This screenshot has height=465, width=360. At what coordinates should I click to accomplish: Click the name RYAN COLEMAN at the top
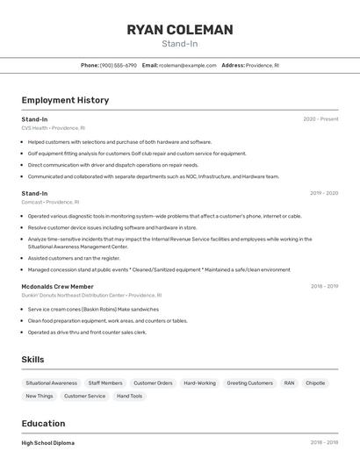(180, 30)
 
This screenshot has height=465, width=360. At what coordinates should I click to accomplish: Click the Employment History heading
(65, 100)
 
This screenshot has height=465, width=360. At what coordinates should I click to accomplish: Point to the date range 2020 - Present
(320, 119)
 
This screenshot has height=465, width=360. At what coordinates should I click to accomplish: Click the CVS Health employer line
(53, 128)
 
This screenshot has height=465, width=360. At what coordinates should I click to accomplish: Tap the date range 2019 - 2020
(323, 193)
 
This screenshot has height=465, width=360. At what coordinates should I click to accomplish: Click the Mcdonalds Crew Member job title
(57, 286)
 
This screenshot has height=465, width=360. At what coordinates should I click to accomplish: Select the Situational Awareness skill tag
(51, 383)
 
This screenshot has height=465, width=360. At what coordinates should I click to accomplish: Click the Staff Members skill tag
(105, 383)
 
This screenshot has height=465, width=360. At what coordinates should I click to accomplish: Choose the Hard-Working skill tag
(199, 383)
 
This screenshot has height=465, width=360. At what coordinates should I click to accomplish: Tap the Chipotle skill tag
(315, 383)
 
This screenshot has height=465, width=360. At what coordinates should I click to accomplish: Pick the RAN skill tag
(289, 383)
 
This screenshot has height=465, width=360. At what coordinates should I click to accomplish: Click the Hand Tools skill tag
(129, 397)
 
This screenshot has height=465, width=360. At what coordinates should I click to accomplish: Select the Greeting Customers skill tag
(249, 383)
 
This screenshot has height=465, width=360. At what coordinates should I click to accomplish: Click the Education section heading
(43, 424)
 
